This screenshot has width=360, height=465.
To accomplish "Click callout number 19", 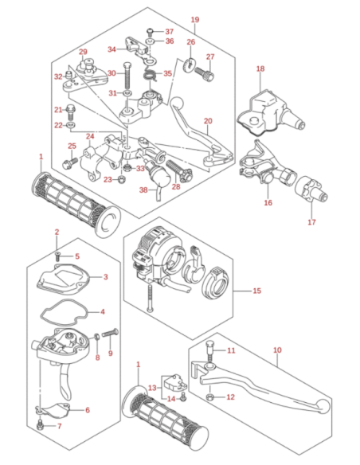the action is click(195, 20).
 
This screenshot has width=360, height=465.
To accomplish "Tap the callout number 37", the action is click(170, 31).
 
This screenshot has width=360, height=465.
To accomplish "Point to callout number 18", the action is click(260, 68).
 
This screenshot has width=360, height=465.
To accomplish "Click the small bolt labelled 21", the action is click(71, 111).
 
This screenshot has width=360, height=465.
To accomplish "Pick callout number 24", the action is click(90, 136).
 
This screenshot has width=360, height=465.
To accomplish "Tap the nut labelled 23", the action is click(121, 179).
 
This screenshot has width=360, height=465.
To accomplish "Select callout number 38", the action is click(143, 190).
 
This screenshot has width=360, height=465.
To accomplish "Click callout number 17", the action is click(311, 222).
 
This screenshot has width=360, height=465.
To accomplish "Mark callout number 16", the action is click(268, 202).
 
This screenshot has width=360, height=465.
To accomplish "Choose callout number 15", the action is click(257, 291).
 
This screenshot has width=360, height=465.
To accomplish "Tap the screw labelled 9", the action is click(110, 334).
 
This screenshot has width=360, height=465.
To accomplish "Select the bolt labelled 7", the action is click(40, 424).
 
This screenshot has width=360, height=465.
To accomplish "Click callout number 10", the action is click(277, 350).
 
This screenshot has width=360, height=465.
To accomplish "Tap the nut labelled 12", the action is click(209, 397).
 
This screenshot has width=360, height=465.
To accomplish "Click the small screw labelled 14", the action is click(183, 397).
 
